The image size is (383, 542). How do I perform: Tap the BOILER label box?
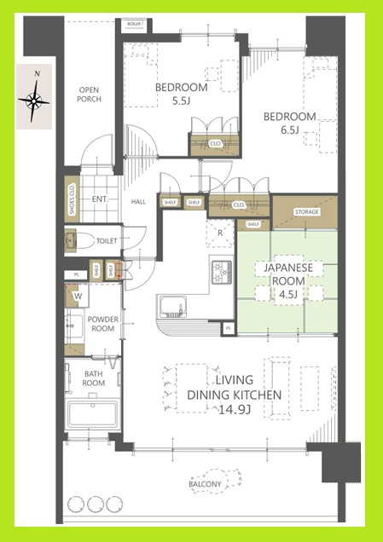pyautogui.click(x=134, y=24)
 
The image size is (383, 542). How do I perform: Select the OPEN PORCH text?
pyautogui.click(x=90, y=95)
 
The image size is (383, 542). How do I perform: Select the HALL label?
pyautogui.click(x=139, y=202)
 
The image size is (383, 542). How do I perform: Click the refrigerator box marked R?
pyautogui.click(x=220, y=232)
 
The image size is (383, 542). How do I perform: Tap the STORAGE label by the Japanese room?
pyautogui.click(x=306, y=210)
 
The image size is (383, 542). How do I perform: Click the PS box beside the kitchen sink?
pyautogui.click(x=228, y=328)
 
